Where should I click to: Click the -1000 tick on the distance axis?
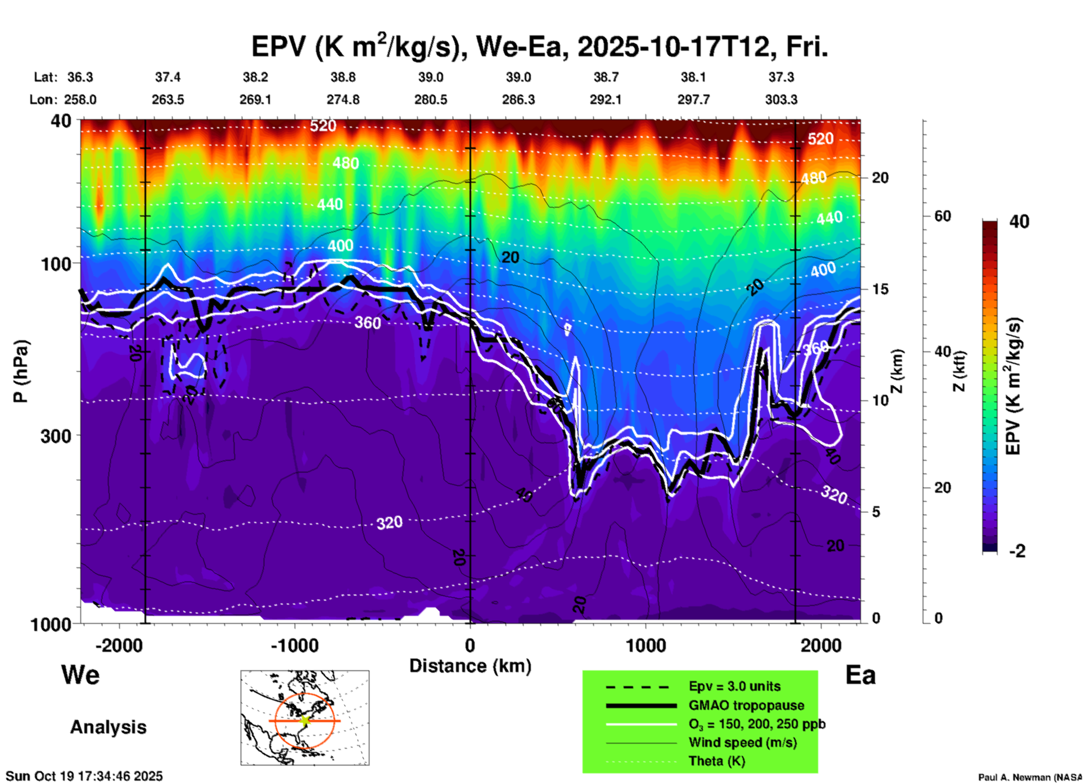[294, 645]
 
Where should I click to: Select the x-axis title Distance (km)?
[470, 666]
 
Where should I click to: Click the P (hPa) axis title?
[21, 371]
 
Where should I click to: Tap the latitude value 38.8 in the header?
[342, 77]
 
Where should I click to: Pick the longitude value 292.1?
[606, 100]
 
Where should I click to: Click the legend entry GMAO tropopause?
[746, 705]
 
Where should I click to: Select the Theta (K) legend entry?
[716, 761]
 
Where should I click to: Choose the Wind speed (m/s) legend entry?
[742, 742]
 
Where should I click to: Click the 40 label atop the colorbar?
[1019, 222]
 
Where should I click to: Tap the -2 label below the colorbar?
[1017, 551]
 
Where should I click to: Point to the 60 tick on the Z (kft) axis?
[942, 216]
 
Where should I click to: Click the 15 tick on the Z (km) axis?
[880, 289]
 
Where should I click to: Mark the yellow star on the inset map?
[305, 720]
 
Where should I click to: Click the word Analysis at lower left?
[108, 727]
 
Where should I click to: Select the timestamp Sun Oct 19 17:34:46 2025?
[84, 776]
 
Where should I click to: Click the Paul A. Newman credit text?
[1029, 777]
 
